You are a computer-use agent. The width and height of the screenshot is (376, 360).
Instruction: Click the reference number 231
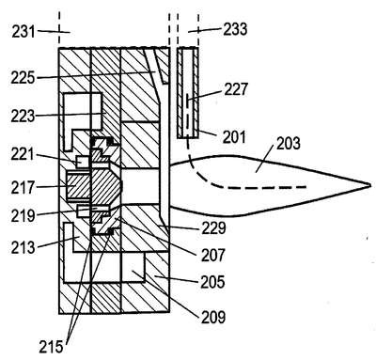click(23, 32)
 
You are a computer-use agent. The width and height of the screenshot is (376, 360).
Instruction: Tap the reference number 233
click(235, 29)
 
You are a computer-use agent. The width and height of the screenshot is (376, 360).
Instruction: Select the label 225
click(23, 78)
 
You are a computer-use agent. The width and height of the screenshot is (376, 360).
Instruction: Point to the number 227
click(236, 89)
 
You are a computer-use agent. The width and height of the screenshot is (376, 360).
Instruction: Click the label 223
click(23, 116)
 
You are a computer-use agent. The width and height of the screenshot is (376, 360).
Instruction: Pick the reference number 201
click(234, 137)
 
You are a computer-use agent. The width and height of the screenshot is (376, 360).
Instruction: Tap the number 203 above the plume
click(289, 143)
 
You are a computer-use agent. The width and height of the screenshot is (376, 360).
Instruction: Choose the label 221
click(23, 154)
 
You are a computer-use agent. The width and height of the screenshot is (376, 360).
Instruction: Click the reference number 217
click(23, 188)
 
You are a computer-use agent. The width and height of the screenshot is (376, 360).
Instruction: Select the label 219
click(23, 215)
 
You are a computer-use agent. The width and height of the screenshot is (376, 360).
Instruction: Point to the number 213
click(23, 248)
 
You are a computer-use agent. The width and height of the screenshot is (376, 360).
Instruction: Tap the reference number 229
click(213, 228)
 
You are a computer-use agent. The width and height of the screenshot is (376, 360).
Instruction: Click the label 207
click(213, 256)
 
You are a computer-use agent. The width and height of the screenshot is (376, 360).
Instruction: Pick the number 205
click(213, 282)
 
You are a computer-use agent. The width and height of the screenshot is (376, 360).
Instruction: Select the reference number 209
click(213, 317)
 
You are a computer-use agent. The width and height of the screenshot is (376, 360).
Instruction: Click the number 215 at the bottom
click(51, 347)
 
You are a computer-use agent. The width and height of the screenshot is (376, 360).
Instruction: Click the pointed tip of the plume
click(370, 185)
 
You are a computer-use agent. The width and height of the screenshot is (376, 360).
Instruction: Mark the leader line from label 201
click(207, 133)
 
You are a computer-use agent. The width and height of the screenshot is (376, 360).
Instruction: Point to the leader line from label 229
click(179, 227)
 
